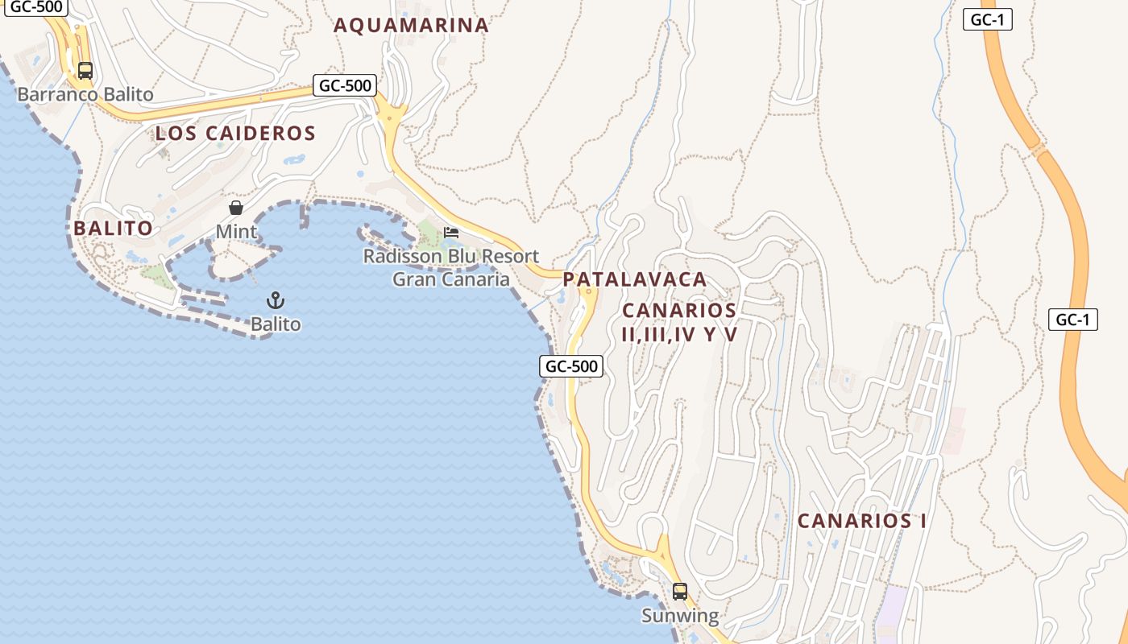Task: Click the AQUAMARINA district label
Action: [411, 25]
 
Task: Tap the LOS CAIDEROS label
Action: [235, 134]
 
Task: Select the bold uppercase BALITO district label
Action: [113, 229]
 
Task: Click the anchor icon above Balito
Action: [276, 301]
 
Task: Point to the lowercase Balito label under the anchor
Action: [276, 324]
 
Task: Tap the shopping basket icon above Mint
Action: [236, 208]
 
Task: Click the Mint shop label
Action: [236, 232]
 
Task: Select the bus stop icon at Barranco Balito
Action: [85, 71]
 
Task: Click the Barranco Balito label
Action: [85, 94]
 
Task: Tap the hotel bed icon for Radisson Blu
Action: [451, 233]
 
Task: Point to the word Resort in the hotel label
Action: [508, 257]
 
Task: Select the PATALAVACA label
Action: [635, 280]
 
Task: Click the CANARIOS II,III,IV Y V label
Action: [679, 322]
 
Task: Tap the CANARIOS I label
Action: [861, 521]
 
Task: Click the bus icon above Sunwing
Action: [679, 592]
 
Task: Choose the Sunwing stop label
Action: [679, 616]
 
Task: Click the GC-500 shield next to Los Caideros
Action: [345, 85]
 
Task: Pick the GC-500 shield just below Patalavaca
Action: [571, 366]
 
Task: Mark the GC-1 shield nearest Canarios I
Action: [1073, 320]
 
